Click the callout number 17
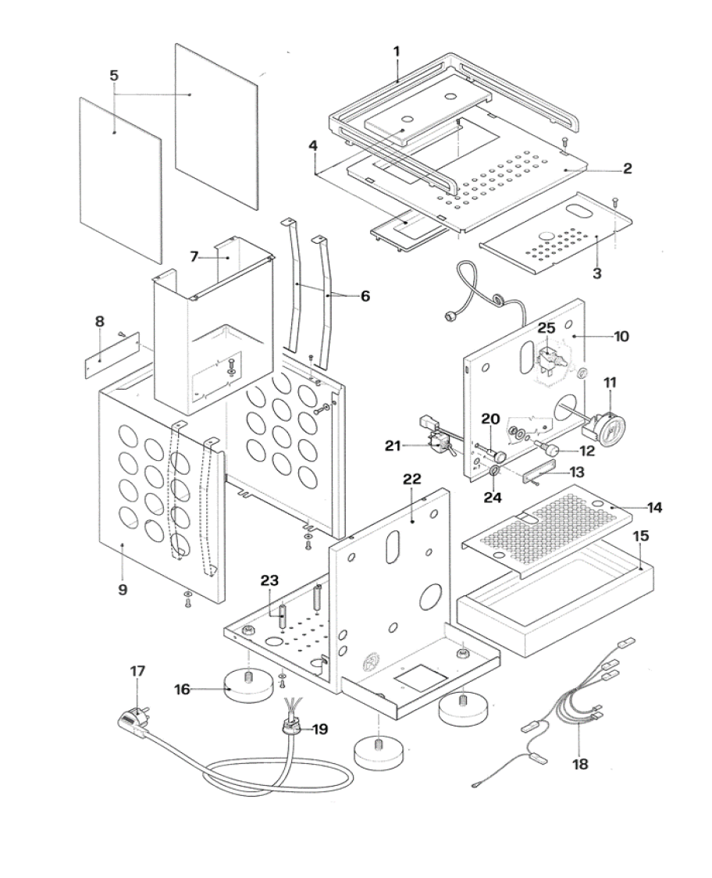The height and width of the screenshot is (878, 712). click(137, 671)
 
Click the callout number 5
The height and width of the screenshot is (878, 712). click(114, 76)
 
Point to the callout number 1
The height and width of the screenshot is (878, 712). click(397, 52)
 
